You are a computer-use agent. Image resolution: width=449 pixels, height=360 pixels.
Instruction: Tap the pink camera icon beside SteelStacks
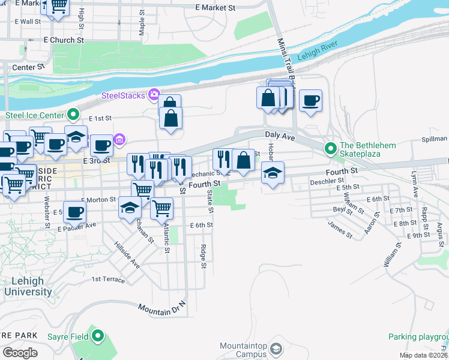point(154,94)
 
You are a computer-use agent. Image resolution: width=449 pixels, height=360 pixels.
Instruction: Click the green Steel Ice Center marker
point(74,113)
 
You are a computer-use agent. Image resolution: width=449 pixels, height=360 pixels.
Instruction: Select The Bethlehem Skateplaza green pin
point(330,148)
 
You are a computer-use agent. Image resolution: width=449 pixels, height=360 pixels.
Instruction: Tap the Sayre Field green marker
point(98,337)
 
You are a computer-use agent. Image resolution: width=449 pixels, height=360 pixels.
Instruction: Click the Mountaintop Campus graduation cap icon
point(276,348)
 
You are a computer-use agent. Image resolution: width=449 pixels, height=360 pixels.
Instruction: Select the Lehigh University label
point(28,286)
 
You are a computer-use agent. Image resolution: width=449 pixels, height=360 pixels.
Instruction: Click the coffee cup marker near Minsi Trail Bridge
point(310,101)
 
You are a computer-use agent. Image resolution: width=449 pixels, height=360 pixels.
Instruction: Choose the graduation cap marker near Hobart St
point(273,175)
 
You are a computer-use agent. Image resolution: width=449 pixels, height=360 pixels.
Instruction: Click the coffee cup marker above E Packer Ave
point(74,212)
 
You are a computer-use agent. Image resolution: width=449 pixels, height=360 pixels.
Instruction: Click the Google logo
point(20,352)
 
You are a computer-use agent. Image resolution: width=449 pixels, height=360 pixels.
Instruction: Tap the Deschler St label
point(327,180)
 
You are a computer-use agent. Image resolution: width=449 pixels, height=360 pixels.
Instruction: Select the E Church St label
point(64,40)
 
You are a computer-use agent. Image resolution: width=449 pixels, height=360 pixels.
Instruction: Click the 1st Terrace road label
point(108,280)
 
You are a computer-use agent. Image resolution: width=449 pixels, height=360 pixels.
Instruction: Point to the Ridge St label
point(204,256)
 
